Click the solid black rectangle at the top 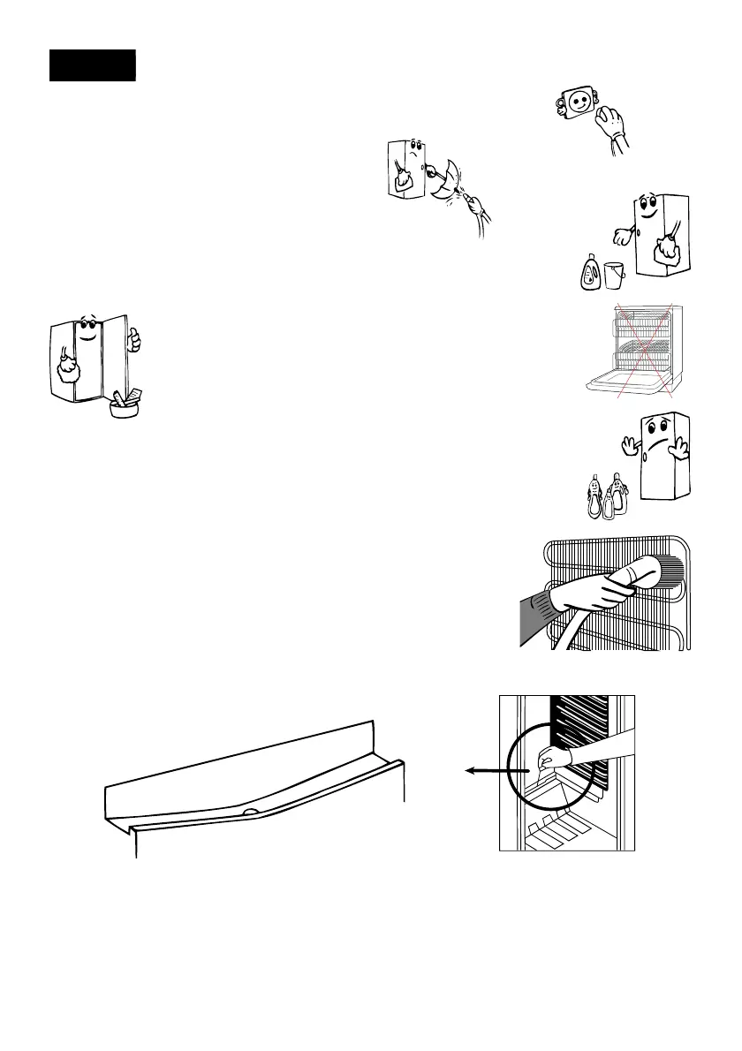(x=92, y=65)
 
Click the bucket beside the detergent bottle (x=615, y=275)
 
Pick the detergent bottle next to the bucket (x=589, y=271)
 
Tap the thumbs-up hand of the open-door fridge (x=132, y=341)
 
